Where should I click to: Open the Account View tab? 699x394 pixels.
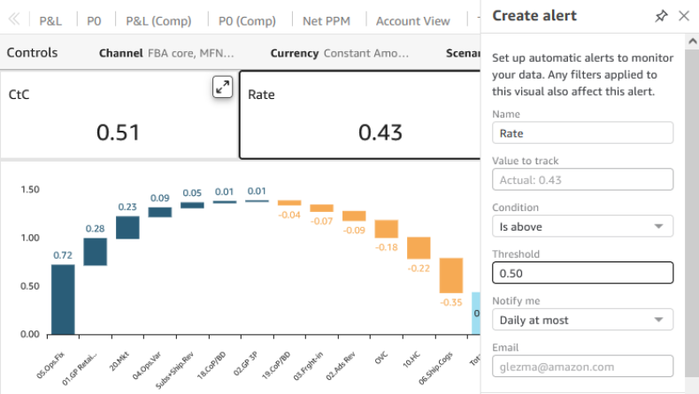[412, 20]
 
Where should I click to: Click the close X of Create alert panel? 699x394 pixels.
[683, 16]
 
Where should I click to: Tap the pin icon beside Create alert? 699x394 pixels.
[661, 16]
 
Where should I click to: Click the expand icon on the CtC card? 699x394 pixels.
[222, 87]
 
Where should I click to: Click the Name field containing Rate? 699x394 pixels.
[582, 133]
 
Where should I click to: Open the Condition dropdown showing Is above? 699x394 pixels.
[582, 226]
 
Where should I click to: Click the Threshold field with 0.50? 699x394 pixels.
[582, 273]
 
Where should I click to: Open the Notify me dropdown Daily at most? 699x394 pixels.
[582, 320]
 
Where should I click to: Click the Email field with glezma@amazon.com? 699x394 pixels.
[582, 367]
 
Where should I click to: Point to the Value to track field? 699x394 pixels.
[582, 179]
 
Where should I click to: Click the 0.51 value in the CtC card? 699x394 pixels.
[118, 133]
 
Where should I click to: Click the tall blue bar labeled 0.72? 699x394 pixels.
[63, 299]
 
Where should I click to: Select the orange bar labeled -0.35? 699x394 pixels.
[451, 275]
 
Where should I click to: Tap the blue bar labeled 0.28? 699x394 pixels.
[95, 252]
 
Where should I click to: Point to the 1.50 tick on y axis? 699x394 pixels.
[29, 190]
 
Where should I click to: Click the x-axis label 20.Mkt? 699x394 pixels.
[123, 359]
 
